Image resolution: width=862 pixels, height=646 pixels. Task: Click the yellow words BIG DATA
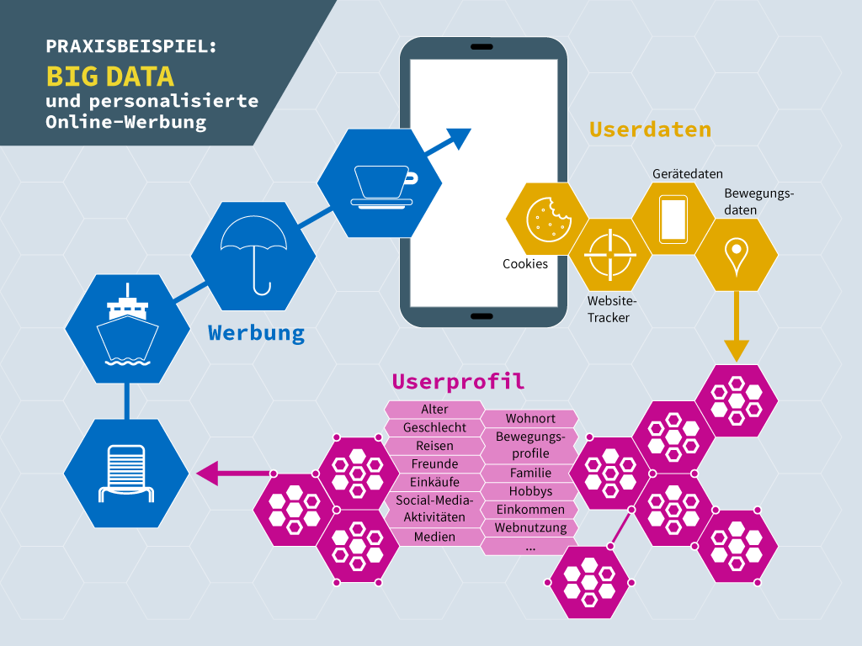click(x=110, y=77)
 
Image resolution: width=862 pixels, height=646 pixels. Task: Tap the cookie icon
click(x=548, y=220)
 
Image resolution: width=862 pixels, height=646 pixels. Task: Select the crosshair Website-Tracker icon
click(x=609, y=255)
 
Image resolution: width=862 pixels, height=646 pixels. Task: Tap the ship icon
click(x=128, y=326)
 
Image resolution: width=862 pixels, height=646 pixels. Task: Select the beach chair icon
click(x=126, y=474)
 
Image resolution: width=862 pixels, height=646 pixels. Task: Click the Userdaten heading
click(x=651, y=130)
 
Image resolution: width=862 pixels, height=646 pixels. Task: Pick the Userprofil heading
click(x=459, y=381)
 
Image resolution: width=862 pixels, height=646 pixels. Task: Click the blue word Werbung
click(x=256, y=333)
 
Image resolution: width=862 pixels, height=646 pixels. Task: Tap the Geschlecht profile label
click(x=434, y=427)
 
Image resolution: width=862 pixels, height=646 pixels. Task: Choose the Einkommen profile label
click(x=530, y=509)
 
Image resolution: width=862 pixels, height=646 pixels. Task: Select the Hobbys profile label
click(x=530, y=491)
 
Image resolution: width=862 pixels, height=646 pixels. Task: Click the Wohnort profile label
click(x=530, y=418)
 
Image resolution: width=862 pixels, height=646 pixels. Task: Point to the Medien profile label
click(x=434, y=537)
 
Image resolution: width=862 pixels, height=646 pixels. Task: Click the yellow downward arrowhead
click(x=736, y=351)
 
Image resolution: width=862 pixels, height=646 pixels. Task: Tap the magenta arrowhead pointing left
click(x=207, y=473)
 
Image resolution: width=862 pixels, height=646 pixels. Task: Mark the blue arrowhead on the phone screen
click(x=460, y=138)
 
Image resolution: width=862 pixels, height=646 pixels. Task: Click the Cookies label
click(x=525, y=263)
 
